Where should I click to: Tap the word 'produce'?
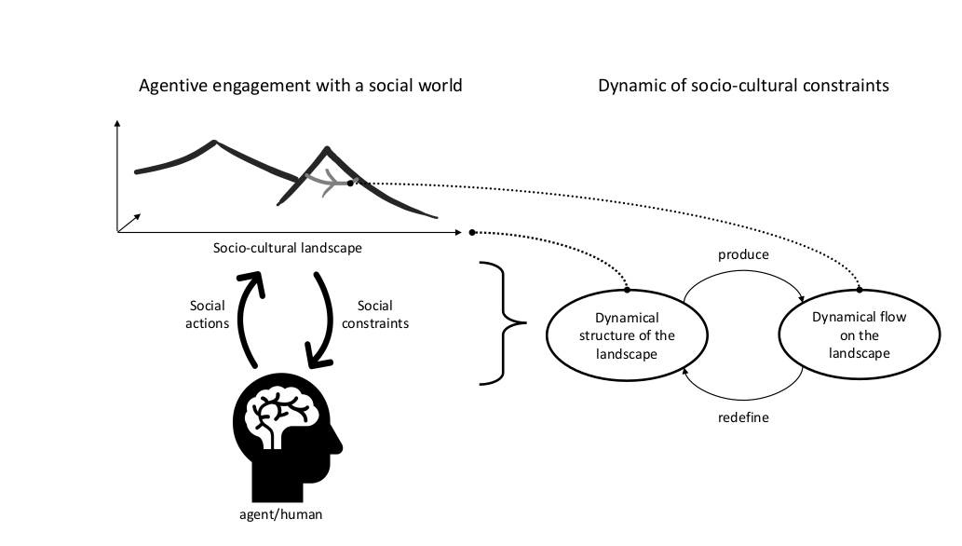[743, 254]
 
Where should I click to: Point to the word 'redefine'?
[743, 417]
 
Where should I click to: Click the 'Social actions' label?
[208, 314]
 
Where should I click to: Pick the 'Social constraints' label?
[375, 314]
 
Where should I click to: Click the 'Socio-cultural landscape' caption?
[287, 248]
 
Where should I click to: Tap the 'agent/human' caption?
[280, 514]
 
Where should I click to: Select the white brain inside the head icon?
[277, 413]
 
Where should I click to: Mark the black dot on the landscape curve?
[350, 183]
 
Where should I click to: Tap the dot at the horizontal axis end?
[472, 232]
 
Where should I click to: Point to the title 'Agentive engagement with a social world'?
[301, 86]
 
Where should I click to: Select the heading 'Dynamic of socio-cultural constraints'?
[743, 86]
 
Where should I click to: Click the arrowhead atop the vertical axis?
[117, 123]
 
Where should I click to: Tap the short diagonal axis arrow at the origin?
[129, 223]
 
